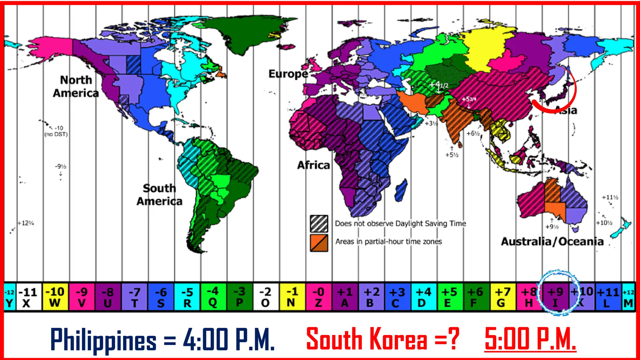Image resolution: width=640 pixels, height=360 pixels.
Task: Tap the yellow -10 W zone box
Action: [x=55, y=297]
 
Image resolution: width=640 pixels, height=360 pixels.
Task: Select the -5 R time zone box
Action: [x=187, y=297]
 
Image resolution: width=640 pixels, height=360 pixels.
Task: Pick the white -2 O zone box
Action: [x=266, y=297]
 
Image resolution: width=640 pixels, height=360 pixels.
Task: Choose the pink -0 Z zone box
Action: [x=318, y=297]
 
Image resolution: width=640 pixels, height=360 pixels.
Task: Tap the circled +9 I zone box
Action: [x=555, y=297]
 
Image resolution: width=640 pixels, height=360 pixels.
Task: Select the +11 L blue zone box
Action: [x=607, y=297]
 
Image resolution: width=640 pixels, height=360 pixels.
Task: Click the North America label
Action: [x=76, y=87]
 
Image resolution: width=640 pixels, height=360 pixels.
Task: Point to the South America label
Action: [x=159, y=195]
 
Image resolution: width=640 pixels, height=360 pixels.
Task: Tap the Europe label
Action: [x=288, y=74]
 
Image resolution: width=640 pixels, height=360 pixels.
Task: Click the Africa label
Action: [x=313, y=165]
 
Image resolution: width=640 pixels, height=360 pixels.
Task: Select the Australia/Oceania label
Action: [x=552, y=242]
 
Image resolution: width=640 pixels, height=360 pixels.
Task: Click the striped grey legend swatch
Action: [x=319, y=223]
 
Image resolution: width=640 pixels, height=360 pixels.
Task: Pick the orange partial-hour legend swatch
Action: [x=319, y=243]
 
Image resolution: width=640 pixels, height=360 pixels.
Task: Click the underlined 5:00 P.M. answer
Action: [x=530, y=339]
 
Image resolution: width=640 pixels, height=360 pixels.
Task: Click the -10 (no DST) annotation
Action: [x=56, y=131]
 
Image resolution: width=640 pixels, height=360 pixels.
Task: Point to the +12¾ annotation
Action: [x=26, y=223]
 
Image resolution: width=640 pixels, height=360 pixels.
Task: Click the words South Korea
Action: [x=366, y=339]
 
